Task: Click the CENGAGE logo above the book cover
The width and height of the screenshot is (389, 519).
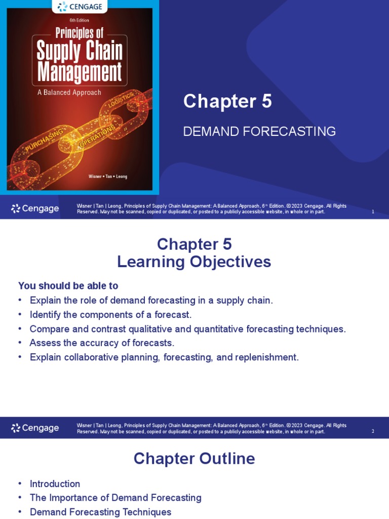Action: point(80,7)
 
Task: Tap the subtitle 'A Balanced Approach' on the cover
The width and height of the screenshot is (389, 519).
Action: point(70,92)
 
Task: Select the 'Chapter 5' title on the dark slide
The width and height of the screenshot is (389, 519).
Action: point(227,101)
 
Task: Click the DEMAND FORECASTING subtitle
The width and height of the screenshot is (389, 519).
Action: point(259,132)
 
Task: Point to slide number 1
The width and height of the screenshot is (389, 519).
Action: point(373,212)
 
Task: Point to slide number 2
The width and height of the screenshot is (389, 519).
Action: point(373,431)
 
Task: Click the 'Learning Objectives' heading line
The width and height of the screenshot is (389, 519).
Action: point(194,262)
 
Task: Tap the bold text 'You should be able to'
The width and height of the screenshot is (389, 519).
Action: point(68,286)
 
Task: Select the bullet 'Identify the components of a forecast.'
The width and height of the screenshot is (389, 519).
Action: point(110,315)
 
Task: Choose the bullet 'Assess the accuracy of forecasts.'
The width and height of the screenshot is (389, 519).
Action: point(102,343)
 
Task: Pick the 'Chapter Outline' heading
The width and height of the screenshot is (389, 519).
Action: point(194,459)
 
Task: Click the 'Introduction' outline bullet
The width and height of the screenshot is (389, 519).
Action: point(55,484)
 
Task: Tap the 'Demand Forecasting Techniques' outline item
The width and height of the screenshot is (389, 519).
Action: point(100,512)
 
